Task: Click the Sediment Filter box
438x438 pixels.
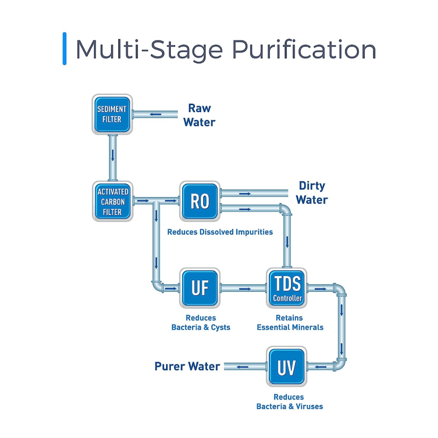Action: click(112, 114)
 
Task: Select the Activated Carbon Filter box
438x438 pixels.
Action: click(113, 201)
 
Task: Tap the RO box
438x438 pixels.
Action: click(200, 201)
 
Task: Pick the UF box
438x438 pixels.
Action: click(200, 288)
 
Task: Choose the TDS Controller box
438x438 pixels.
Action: click(287, 288)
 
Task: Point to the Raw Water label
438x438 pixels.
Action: click(199, 115)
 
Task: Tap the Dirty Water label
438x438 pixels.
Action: click(311, 193)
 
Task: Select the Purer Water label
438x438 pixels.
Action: click(187, 366)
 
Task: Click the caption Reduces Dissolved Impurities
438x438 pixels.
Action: click(220, 232)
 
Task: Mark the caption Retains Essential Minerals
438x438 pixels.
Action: click(290, 323)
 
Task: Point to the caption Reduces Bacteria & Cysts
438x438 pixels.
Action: click(201, 323)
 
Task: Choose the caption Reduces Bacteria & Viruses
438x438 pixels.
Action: click(289, 402)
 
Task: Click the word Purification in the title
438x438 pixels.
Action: click(304, 49)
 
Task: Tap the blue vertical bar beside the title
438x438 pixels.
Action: click(65, 49)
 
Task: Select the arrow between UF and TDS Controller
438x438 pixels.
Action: click(245, 289)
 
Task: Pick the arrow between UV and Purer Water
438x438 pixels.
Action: click(243, 367)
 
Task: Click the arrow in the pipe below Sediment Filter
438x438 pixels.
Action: click(113, 155)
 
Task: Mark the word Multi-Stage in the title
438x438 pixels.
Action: click(149, 49)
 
